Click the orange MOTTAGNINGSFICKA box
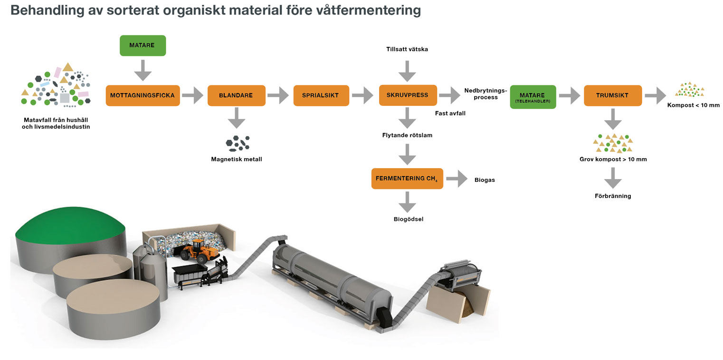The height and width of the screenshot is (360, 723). coord(143,95)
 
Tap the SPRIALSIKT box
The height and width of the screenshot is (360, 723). coord(321,95)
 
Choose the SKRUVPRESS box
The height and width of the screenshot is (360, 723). coord(407,95)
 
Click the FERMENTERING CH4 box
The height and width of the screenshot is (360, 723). coord(407,179)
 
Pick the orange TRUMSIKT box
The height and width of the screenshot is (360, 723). coord(612,95)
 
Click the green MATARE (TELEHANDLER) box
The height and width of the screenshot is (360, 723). coord(533,97)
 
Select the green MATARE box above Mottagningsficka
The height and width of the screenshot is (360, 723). coord(143,46)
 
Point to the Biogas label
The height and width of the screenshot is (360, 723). coord(485,180)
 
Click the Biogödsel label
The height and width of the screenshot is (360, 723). coord(408,219)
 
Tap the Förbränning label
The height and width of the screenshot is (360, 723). coord(613,196)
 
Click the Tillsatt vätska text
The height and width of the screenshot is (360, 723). coord(407,49)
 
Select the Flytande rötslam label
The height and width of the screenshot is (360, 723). coord(407,135)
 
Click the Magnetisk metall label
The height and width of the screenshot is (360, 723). coord(236,159)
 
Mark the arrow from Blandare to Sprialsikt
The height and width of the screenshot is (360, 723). coord(278,95)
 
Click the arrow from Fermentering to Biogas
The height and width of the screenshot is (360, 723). coord(456,179)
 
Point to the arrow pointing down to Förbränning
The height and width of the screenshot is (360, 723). coord(613,177)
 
